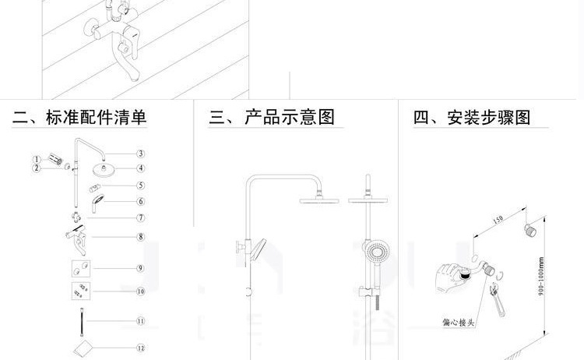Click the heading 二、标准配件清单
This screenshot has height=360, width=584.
point(79,118)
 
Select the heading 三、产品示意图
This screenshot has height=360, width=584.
point(272,118)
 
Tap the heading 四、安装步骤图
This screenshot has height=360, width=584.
point(472,118)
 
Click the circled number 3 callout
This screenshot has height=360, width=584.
point(141,154)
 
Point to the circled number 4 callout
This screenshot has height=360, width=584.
point(141,168)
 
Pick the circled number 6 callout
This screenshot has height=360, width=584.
point(141,201)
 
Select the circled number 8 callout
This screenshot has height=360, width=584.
point(141,237)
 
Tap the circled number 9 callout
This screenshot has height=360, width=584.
point(141,269)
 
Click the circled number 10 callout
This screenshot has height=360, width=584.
point(141,292)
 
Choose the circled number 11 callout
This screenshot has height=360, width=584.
point(141,321)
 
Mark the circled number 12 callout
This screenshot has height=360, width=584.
point(141,348)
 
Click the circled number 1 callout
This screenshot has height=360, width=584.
point(36,160)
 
